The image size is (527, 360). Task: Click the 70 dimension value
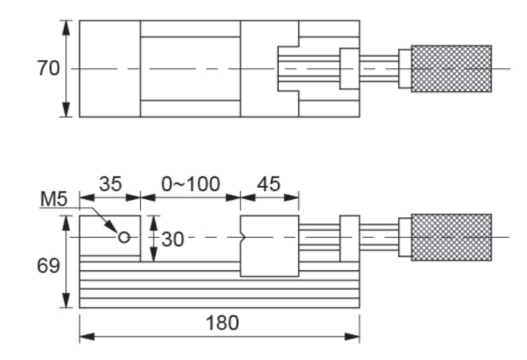click(48, 69)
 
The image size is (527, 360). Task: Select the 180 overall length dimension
click(222, 323)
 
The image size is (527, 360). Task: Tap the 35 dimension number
click(110, 184)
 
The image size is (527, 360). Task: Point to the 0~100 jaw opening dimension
click(190, 184)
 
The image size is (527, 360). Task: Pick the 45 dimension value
click(269, 184)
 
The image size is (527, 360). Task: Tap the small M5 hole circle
click(124, 237)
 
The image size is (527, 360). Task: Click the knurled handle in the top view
click(450, 68)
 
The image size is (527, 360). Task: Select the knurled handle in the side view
click(450, 237)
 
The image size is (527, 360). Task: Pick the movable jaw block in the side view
click(270, 246)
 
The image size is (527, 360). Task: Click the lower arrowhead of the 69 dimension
click(66, 303)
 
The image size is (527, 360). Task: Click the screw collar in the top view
click(349, 68)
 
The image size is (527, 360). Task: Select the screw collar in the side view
click(349, 239)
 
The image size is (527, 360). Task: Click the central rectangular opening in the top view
click(190, 68)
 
